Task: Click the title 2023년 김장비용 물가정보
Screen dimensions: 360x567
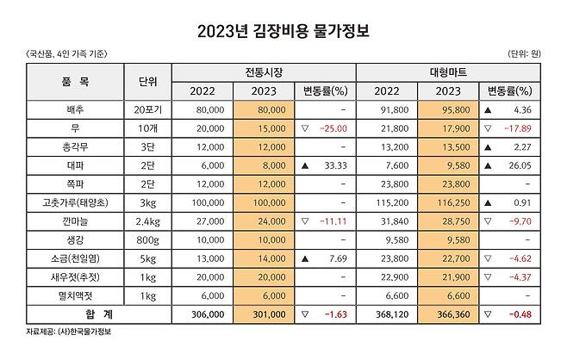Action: click(283, 32)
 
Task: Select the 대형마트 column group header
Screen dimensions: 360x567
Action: click(448, 72)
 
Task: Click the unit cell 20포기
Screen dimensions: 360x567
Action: click(147, 110)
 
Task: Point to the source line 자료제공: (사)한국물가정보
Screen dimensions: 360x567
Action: click(69, 332)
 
